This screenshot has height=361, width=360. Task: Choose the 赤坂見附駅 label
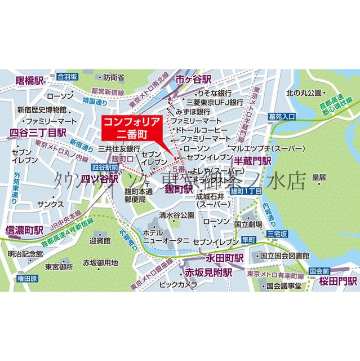coord(208,273)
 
